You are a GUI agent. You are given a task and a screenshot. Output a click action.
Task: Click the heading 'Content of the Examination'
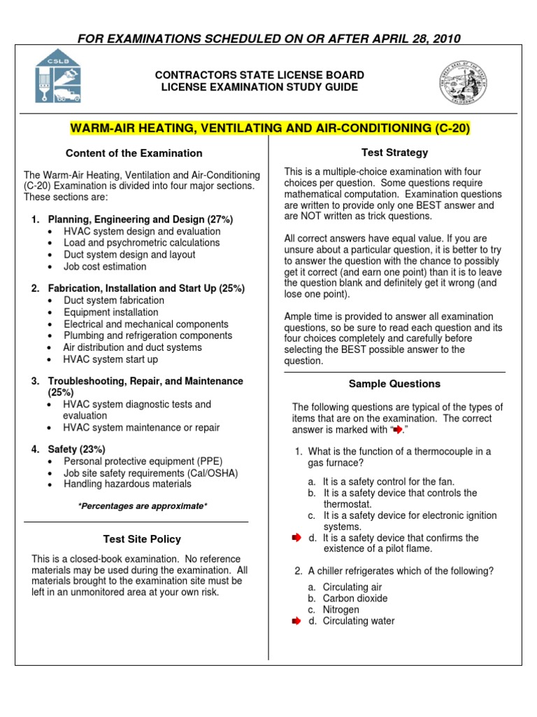pos(134,153)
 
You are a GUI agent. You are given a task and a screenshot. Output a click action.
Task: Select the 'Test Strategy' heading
pos(394,153)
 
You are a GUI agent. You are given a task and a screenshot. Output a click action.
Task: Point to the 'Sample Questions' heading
pos(394,384)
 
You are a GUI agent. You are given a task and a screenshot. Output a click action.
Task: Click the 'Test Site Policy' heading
pos(141,539)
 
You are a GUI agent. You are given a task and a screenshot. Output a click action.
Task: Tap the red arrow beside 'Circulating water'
pos(295,621)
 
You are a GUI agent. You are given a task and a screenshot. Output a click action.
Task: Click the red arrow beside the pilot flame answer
pos(295,538)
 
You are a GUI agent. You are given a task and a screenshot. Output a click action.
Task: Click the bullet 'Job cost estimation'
pos(105,267)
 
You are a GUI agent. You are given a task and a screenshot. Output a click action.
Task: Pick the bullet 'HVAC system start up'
pos(110,359)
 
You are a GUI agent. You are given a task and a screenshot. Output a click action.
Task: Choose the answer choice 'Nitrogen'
pos(341,610)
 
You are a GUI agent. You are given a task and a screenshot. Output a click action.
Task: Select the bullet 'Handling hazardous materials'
pos(127,484)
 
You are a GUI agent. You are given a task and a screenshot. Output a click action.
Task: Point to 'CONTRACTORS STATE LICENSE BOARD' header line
pos(259,75)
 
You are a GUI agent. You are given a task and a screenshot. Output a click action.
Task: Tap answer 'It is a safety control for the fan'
pos(388,482)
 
